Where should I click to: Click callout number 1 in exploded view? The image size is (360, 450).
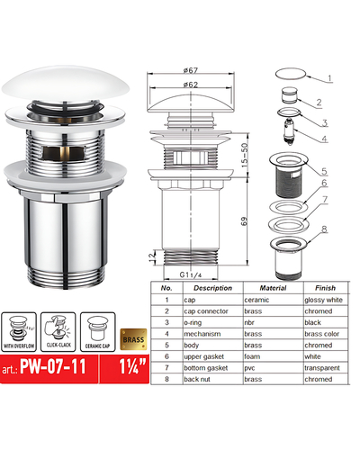point(329,77)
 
